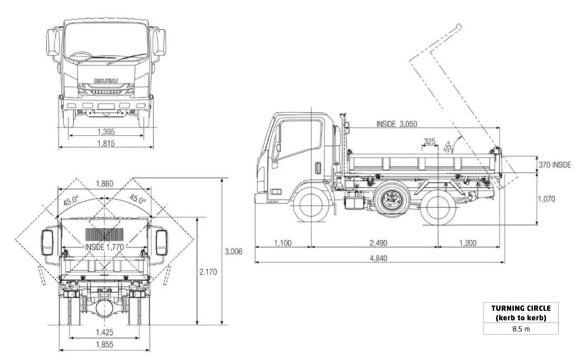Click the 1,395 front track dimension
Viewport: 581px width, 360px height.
click(x=106, y=132)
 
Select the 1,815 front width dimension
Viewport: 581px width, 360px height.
click(x=106, y=143)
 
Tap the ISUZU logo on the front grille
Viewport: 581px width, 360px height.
click(x=106, y=81)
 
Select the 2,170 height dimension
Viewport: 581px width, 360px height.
click(x=208, y=272)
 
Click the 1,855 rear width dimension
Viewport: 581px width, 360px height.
click(x=104, y=345)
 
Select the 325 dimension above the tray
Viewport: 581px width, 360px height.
click(x=429, y=142)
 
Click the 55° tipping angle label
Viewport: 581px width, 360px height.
click(x=449, y=146)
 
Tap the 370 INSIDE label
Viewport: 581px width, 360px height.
click(x=554, y=165)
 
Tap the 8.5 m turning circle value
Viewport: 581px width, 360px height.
click(x=521, y=329)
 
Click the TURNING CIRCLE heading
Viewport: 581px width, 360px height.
click(x=521, y=308)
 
